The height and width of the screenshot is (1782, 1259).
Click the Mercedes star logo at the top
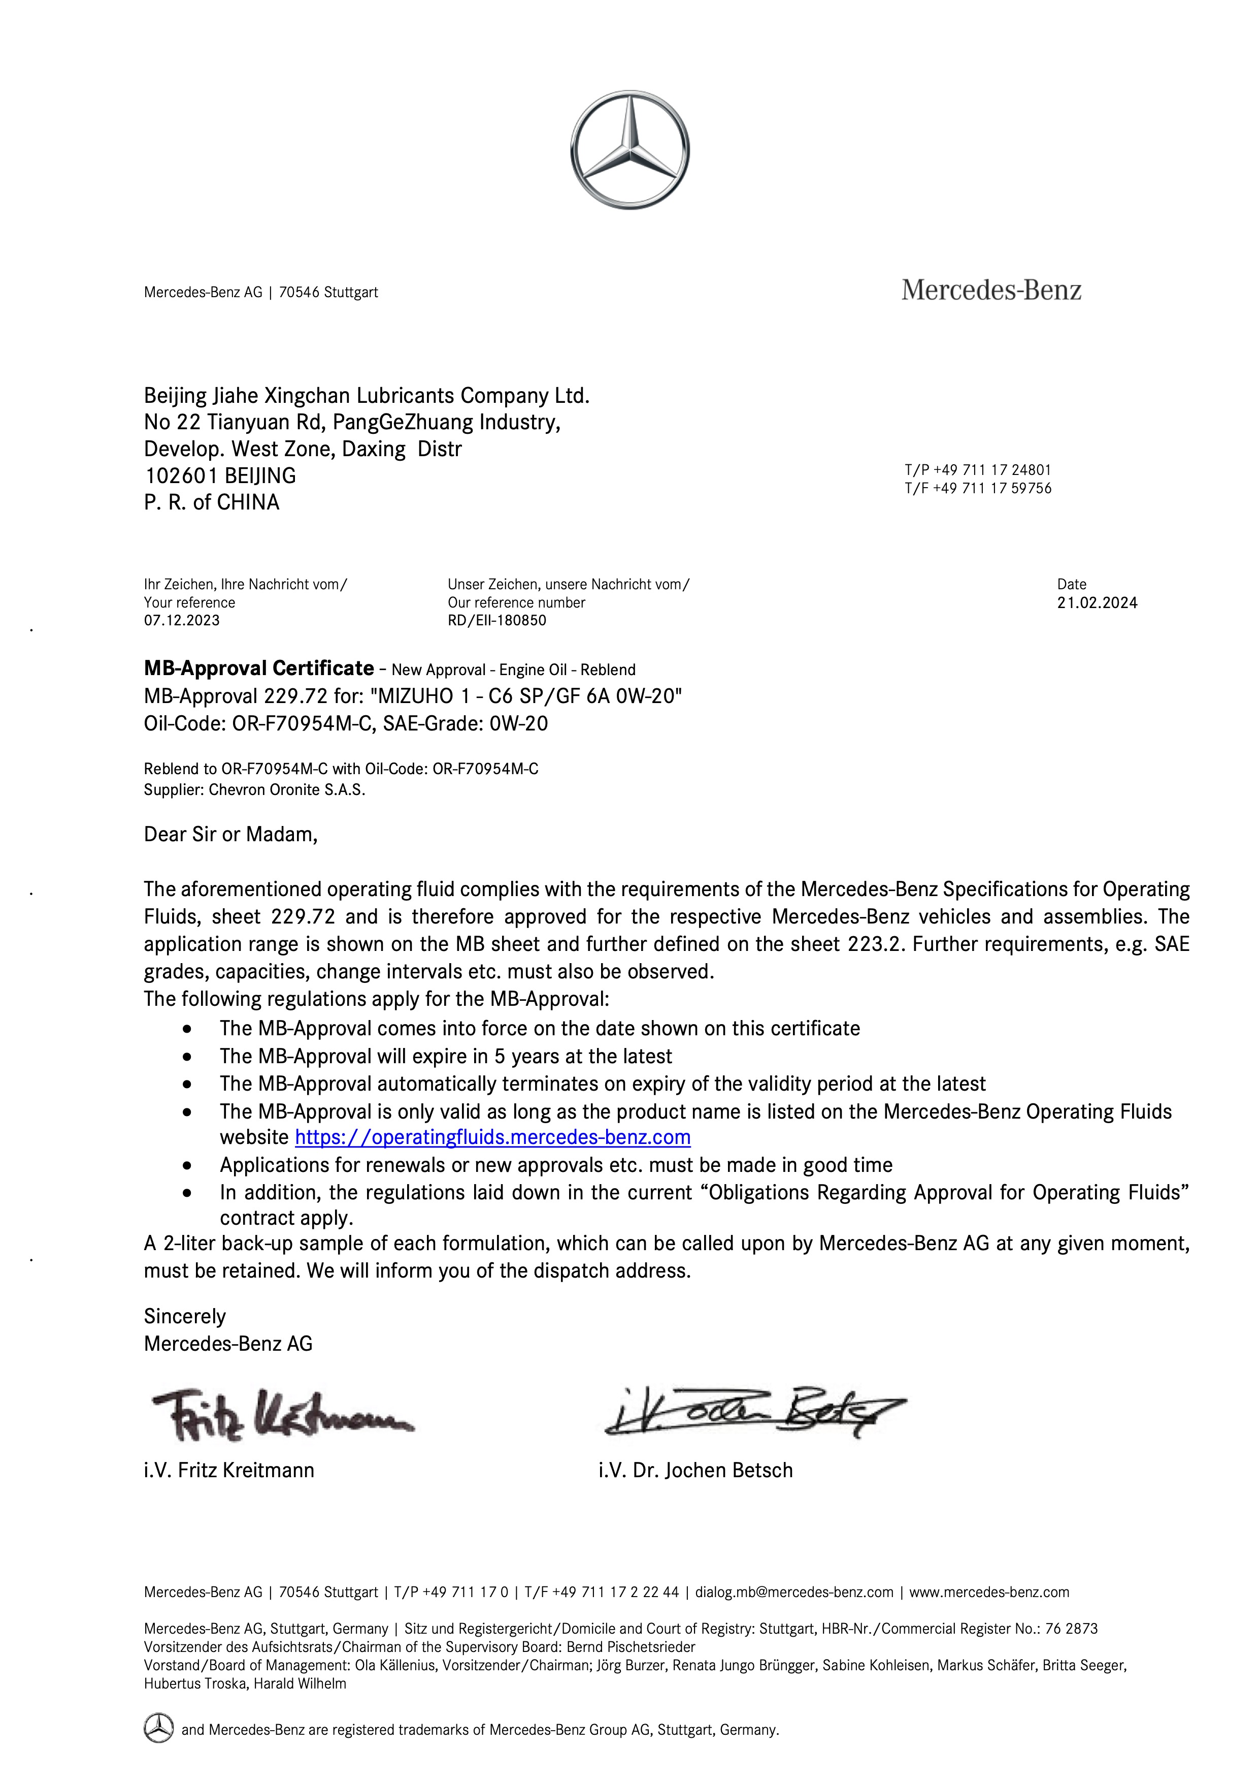pos(629,150)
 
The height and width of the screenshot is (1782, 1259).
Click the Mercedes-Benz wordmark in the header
pos(990,290)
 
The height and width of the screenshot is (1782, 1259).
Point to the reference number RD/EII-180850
pos(496,620)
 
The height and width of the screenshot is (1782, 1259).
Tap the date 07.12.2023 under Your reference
pos(182,620)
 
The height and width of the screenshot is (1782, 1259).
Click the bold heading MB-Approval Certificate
pos(259,669)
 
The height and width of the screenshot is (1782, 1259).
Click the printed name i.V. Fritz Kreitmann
pos(229,1470)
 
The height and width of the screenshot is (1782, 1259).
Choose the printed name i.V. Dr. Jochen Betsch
pos(695,1470)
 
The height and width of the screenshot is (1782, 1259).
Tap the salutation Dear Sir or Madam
pos(230,834)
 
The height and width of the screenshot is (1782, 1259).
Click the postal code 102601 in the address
pos(181,476)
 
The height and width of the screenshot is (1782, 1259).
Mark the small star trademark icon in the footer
pos(158,1729)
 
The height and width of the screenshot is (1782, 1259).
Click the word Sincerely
pos(185,1316)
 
